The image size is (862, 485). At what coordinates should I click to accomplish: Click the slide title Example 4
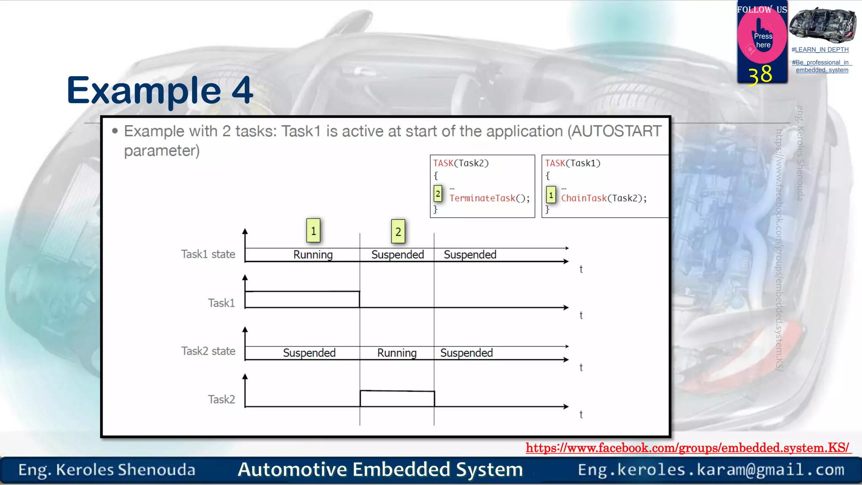tap(160, 91)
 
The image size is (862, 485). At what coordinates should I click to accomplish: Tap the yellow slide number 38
tap(760, 75)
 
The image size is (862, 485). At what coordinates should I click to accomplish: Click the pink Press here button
tap(762, 40)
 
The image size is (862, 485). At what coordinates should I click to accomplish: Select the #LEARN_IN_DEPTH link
tap(820, 50)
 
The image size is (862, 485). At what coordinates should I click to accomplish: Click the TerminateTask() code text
tap(489, 198)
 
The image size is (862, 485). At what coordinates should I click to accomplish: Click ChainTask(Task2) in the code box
tap(604, 198)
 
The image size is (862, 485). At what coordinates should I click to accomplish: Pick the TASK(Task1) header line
tap(572, 163)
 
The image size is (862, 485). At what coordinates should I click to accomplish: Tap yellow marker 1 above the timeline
tap(313, 231)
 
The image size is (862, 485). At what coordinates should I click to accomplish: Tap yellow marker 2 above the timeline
tap(398, 232)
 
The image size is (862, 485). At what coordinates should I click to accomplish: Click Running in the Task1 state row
tap(313, 255)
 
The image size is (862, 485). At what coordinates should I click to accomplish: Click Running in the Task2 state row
tap(396, 353)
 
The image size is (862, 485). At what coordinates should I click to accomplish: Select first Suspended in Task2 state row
tap(309, 353)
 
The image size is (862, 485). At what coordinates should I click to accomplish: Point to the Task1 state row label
tap(208, 254)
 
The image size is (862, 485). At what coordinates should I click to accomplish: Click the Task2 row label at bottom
tap(221, 399)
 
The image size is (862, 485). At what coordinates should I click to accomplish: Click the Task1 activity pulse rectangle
tap(302, 299)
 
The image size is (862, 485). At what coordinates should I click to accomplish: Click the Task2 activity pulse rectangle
tap(397, 399)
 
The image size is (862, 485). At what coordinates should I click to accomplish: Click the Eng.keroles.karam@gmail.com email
tap(711, 469)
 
